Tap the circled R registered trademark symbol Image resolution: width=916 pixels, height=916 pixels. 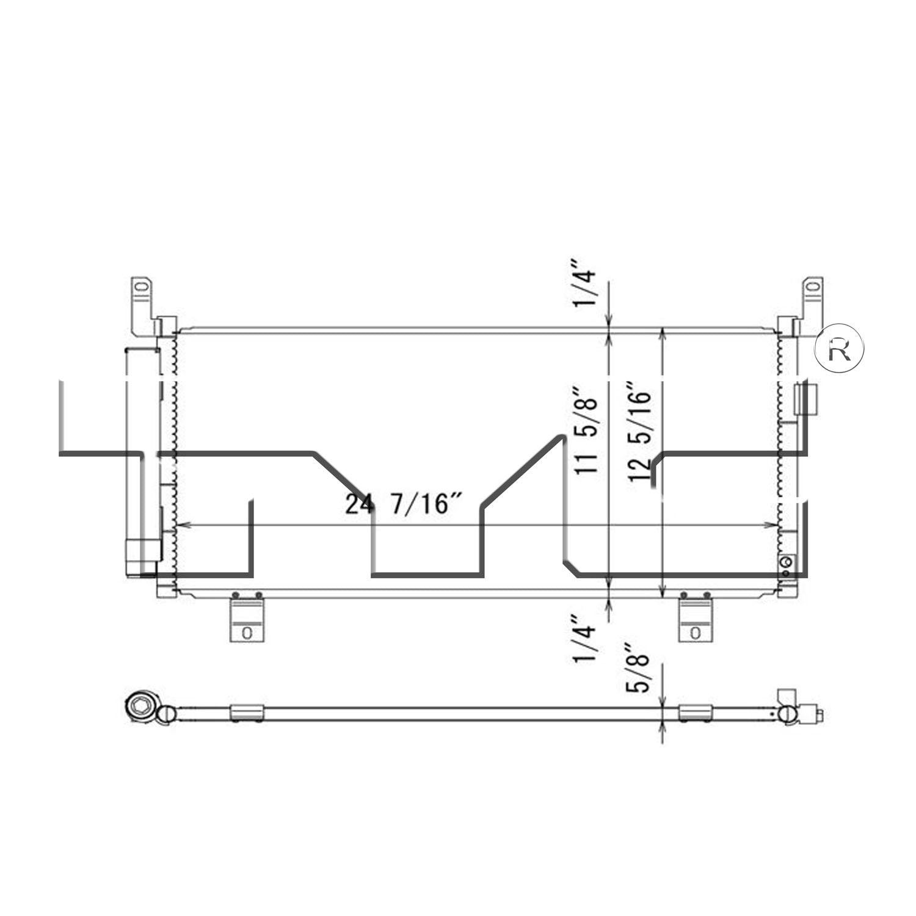[x=840, y=348]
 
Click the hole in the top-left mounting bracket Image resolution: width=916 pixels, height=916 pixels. [x=141, y=286]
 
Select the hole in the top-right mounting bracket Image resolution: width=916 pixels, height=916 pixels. [x=812, y=286]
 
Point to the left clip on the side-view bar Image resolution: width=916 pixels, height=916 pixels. [x=247, y=713]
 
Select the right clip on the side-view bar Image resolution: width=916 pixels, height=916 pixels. [x=696, y=713]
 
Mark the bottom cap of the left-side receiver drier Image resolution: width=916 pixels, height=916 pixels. [x=142, y=557]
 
